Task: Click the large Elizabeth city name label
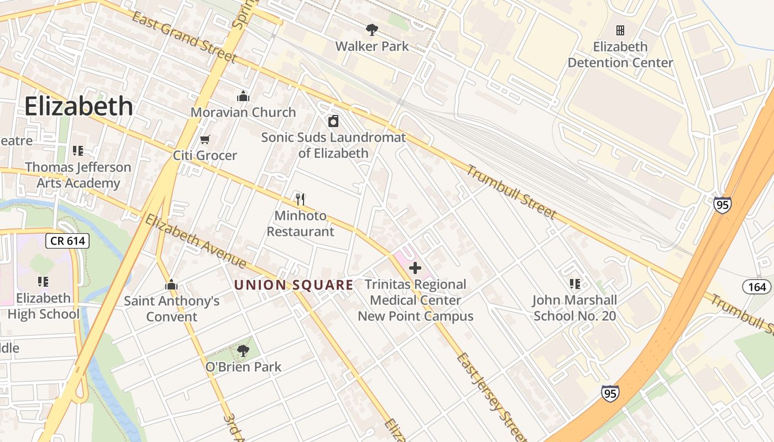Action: [x=79, y=106]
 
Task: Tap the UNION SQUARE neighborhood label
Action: [x=294, y=285]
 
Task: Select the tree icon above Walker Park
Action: [x=372, y=29]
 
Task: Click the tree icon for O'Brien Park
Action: [x=243, y=350]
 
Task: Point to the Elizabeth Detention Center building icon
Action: [x=620, y=30]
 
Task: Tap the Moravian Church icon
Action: [x=243, y=96]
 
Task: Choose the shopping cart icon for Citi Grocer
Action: [x=205, y=139]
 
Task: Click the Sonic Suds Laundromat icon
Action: [x=333, y=121]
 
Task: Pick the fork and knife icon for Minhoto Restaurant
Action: [x=300, y=199]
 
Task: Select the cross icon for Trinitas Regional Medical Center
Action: [x=415, y=269]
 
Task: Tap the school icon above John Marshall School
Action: [x=574, y=284]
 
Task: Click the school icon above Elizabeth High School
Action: [x=43, y=282]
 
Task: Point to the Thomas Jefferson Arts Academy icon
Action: [x=78, y=151]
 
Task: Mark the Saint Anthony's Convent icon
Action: [x=171, y=285]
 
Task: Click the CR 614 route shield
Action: [x=67, y=241]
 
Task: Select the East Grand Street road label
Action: [x=185, y=37]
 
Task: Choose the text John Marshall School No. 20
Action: [x=574, y=308]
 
